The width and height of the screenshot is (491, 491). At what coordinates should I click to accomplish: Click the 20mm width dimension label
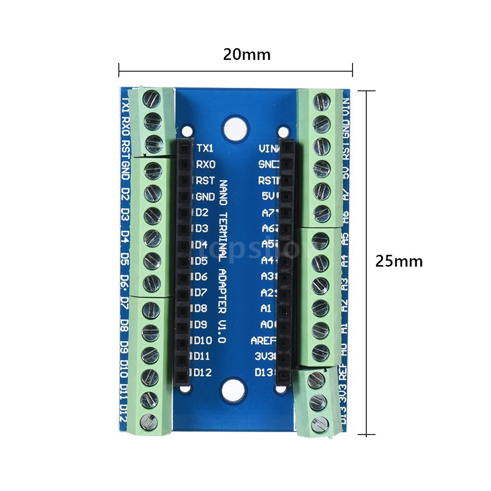pyautogui.click(x=246, y=54)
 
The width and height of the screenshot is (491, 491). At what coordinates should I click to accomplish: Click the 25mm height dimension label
pyautogui.click(x=399, y=261)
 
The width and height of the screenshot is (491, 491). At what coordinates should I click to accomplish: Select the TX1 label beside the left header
pyautogui.click(x=205, y=148)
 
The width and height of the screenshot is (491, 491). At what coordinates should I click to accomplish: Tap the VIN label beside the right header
pyautogui.click(x=268, y=148)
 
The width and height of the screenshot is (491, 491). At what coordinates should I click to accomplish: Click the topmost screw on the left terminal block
pyautogui.click(x=152, y=99)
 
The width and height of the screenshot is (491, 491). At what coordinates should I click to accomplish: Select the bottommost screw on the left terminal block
pyautogui.click(x=148, y=421)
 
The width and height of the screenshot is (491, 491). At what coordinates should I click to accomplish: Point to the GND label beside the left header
pyautogui.click(x=205, y=197)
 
